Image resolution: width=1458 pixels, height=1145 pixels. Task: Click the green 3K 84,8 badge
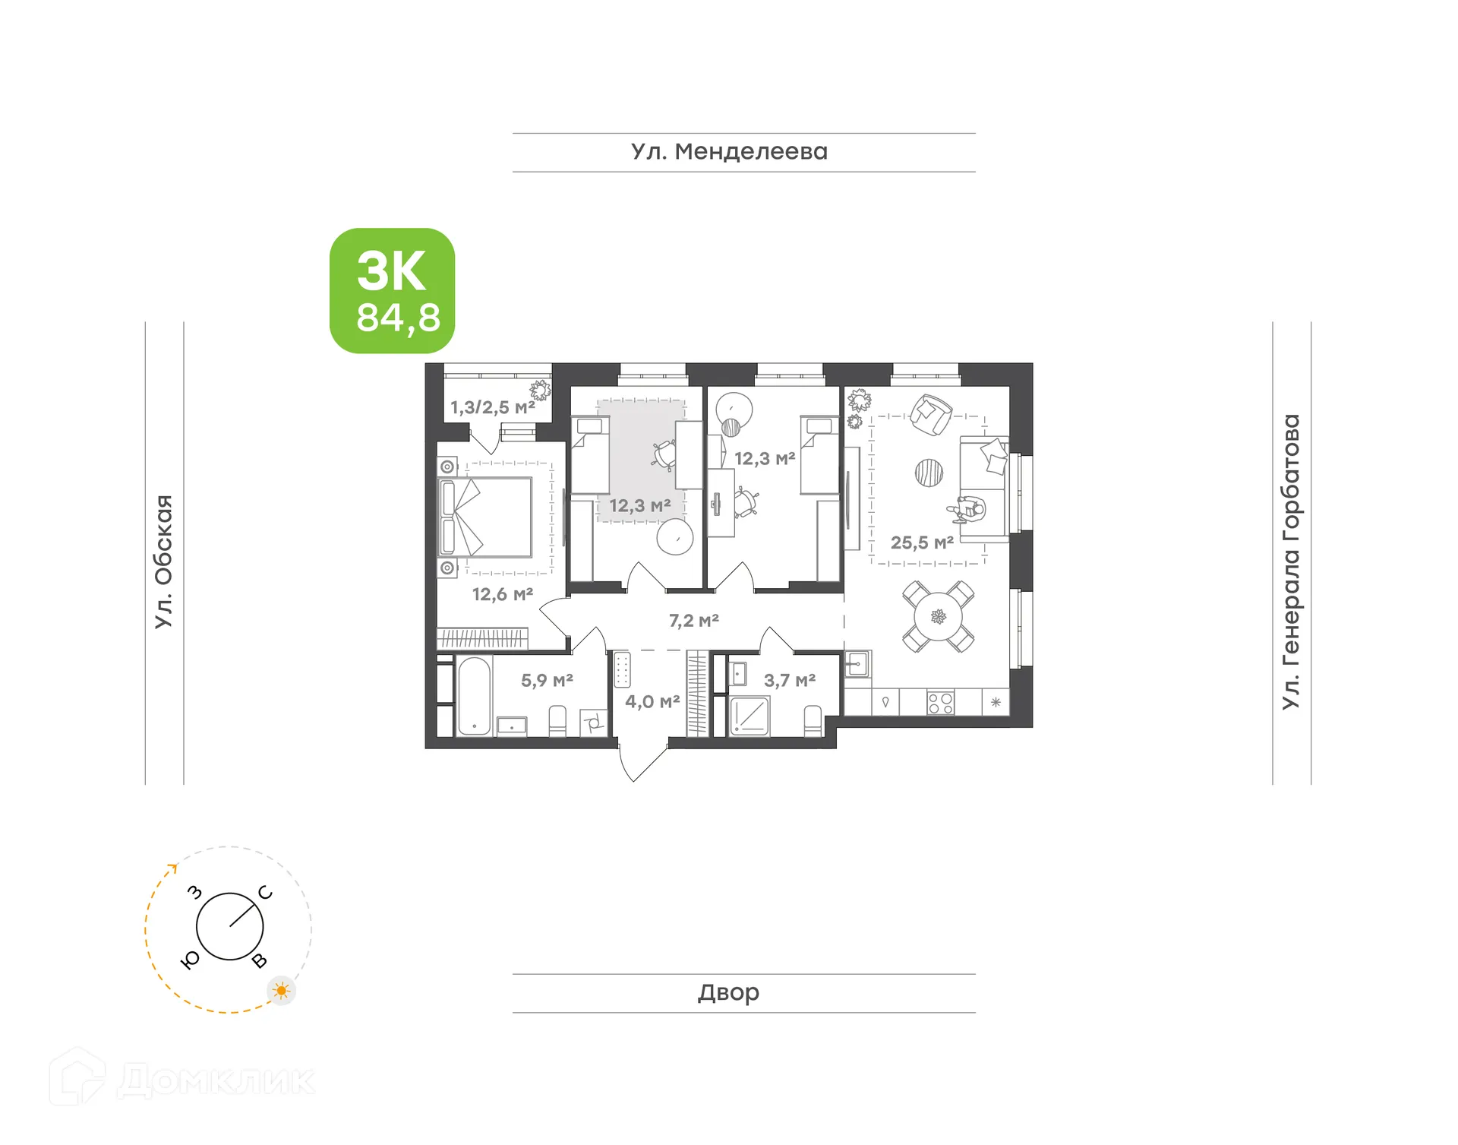(392, 291)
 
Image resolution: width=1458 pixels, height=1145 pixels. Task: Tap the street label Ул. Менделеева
(729, 152)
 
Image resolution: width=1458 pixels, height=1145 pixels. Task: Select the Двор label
(728, 992)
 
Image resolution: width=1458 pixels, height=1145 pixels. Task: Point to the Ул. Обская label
(164, 561)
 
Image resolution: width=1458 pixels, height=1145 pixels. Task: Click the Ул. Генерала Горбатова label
(1291, 561)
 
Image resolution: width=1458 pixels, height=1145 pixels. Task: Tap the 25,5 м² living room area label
(922, 543)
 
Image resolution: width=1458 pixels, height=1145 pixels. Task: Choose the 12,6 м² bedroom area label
(503, 595)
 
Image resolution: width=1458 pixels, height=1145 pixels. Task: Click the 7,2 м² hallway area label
(693, 621)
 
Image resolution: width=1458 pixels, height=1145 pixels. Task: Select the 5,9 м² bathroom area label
(547, 681)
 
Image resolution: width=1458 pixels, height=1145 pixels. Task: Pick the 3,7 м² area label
(790, 681)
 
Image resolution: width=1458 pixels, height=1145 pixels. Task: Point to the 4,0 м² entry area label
(652, 702)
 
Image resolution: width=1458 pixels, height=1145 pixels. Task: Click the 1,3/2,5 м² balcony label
(493, 408)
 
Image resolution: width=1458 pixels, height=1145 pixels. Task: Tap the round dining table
(939, 617)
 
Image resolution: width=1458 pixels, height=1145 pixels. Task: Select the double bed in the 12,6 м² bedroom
(486, 517)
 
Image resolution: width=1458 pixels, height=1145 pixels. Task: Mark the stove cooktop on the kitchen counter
(940, 703)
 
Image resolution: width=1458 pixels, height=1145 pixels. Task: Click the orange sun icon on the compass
(282, 991)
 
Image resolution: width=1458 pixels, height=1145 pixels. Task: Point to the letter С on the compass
(265, 893)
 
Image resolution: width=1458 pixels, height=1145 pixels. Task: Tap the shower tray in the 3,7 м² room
(750, 716)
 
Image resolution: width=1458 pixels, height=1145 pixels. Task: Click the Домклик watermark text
(216, 1080)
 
